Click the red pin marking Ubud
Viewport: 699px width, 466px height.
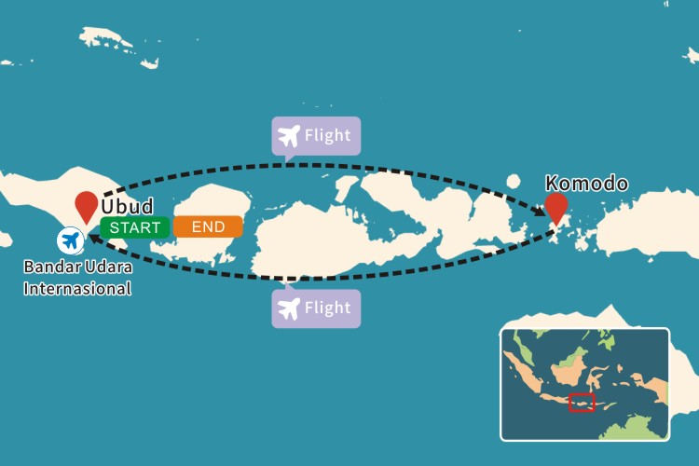[88, 204]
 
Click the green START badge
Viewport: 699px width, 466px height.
[135, 226]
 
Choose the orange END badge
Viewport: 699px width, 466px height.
[207, 226]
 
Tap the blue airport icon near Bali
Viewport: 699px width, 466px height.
[70, 240]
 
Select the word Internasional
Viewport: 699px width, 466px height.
[77, 288]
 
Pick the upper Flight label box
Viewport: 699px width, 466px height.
[316, 136]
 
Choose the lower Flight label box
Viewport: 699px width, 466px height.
[316, 308]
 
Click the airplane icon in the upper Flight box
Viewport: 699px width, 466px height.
[290, 136]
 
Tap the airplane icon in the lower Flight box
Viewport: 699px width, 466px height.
[290, 308]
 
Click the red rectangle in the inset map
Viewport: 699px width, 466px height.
[582, 403]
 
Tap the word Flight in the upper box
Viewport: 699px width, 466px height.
[328, 136]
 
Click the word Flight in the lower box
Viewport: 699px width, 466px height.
[328, 308]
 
